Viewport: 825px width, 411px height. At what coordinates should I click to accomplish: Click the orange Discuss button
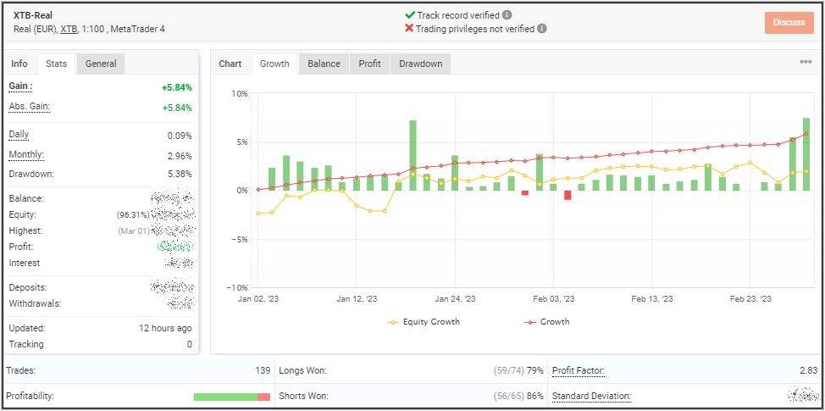coord(789,22)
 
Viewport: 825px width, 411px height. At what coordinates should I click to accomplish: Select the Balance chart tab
coord(324,64)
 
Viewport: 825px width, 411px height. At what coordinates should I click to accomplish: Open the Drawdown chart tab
coord(420,64)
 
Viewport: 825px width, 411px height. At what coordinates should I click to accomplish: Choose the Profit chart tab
coord(369,64)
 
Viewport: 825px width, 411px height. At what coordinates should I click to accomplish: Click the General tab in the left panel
coord(101,64)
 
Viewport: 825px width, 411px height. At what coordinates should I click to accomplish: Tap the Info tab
coord(19,64)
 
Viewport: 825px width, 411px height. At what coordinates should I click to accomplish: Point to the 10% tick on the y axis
coord(240,93)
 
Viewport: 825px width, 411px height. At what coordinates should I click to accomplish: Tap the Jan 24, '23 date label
coord(456,298)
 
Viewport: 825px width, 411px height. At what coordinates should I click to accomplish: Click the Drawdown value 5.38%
coord(180,174)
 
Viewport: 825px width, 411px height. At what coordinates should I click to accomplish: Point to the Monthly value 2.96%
coord(180,156)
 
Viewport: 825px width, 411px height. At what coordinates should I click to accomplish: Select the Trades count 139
coord(263,370)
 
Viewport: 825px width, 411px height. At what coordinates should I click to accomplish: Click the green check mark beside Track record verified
coord(410,14)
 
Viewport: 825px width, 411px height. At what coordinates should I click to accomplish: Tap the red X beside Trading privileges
coord(410,28)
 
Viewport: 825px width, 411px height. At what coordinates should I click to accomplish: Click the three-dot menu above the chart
coord(806,62)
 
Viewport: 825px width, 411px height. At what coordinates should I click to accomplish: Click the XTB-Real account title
coord(34,15)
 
